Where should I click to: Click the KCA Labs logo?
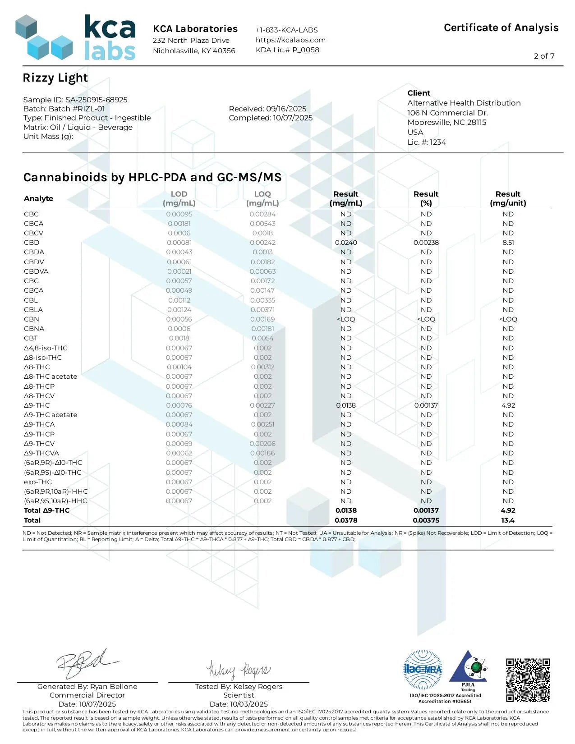tap(75, 38)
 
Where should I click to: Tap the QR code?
tap(528, 680)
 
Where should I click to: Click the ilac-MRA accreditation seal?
tap(423, 670)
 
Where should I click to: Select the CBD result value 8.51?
tap(508, 243)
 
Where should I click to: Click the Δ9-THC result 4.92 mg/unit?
tap(508, 405)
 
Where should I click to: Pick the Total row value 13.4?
tap(508, 520)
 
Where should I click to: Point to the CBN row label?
tap(32, 319)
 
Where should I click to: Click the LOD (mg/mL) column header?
tap(179, 198)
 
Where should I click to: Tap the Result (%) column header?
tap(426, 198)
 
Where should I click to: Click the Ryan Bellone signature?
tap(86, 664)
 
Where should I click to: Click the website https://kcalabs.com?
tap(290, 40)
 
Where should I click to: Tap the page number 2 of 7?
tap(544, 56)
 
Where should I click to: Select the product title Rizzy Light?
tap(55, 78)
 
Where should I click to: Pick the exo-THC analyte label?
tap(38, 482)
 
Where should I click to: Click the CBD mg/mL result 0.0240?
tap(346, 243)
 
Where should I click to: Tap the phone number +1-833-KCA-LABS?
tap(287, 30)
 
